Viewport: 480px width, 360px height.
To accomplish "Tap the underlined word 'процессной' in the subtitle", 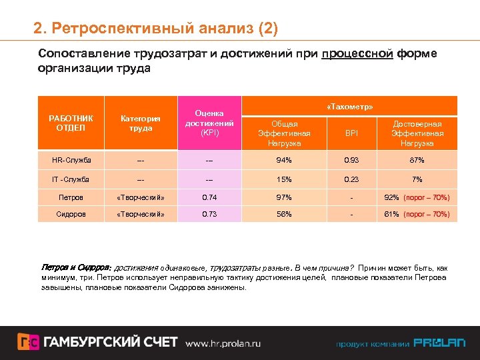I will click(x=357, y=53).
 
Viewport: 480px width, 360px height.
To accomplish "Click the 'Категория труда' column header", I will click(x=140, y=123).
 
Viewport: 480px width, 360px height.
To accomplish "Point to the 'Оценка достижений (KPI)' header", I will click(x=209, y=123).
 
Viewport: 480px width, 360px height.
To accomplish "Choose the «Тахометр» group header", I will click(x=350, y=107).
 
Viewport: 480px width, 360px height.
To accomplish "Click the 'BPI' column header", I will click(x=351, y=133).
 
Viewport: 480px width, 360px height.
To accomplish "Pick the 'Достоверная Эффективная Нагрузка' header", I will click(x=417, y=133).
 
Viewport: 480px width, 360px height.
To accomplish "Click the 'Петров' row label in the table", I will click(x=71, y=197).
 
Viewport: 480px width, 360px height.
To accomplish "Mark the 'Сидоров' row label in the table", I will click(x=71, y=214).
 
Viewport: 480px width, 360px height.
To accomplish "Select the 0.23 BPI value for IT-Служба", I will click(x=351, y=179).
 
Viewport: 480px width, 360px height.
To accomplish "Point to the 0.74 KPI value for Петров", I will click(x=209, y=197).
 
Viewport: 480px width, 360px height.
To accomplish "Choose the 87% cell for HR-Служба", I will click(x=417, y=160).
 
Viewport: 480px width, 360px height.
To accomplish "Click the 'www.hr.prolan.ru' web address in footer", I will click(x=223, y=343).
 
